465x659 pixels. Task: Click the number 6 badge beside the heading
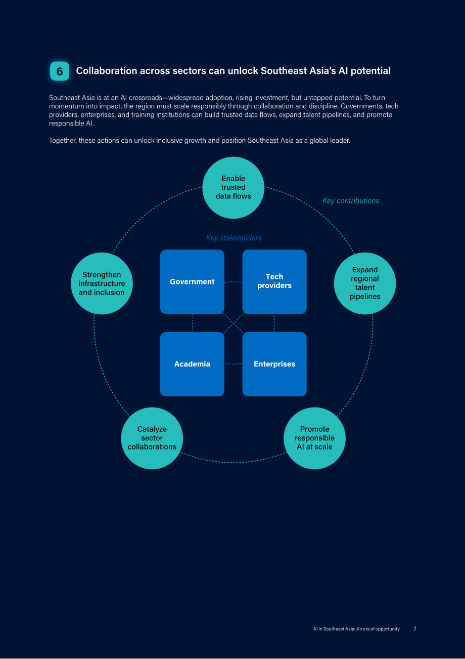tap(60, 71)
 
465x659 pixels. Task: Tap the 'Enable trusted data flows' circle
tap(233, 188)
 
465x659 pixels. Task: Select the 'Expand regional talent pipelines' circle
tap(365, 283)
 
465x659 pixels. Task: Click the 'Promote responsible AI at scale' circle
tap(314, 438)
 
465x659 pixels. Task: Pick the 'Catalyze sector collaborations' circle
tap(152, 438)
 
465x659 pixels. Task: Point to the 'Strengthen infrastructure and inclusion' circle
tap(102, 283)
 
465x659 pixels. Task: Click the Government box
tap(192, 282)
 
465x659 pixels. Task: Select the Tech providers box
tap(274, 282)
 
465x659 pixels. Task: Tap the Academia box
tap(192, 364)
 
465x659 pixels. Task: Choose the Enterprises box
tap(274, 364)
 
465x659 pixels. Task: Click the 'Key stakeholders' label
tap(234, 238)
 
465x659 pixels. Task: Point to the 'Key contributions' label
tap(351, 200)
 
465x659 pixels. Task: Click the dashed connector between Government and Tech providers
tap(233, 282)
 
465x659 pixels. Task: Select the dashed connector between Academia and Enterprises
tap(233, 364)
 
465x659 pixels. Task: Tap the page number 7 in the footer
tap(415, 629)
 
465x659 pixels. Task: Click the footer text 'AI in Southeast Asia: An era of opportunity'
tap(356, 629)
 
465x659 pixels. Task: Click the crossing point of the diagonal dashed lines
tap(234, 323)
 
